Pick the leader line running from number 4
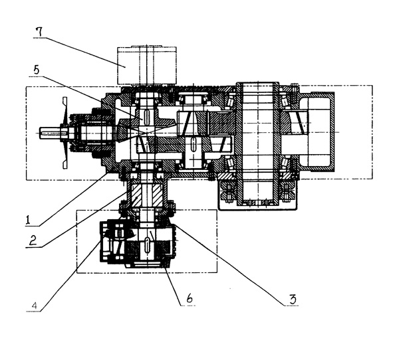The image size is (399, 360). [x=66, y=272]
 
